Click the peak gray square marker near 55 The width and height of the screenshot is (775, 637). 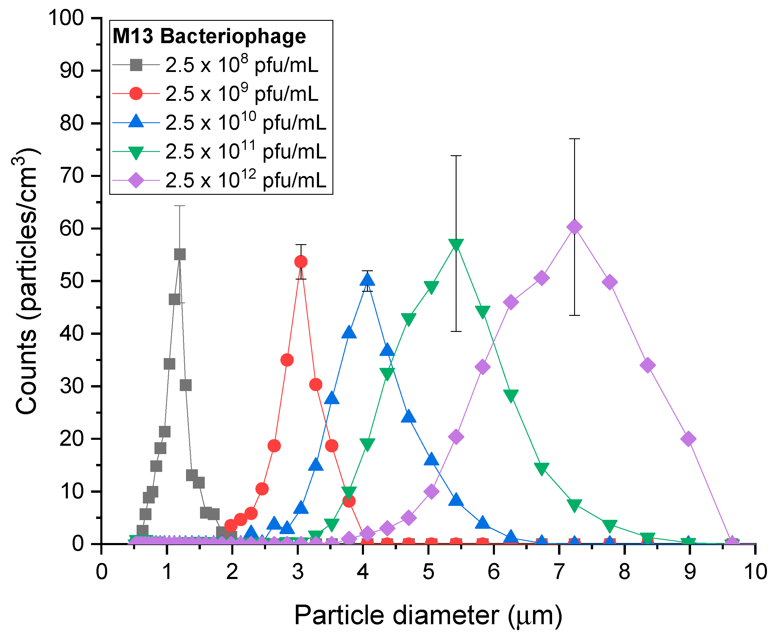tap(179, 254)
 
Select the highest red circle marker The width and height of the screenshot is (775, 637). tap(301, 262)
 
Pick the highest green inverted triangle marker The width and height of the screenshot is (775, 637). tap(456, 244)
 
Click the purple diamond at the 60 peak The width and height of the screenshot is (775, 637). tap(574, 227)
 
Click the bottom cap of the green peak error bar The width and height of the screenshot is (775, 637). tap(456, 331)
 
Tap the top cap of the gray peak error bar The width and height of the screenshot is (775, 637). tap(179, 206)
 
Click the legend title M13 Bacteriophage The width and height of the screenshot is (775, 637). tap(209, 36)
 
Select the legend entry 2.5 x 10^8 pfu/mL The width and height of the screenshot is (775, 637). tap(242, 65)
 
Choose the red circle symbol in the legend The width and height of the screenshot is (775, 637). tap(136, 94)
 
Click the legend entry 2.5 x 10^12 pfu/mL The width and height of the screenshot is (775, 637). tap(245, 180)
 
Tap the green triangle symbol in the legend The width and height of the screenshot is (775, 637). tap(136, 152)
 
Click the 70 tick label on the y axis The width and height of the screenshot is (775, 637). tap(72, 176)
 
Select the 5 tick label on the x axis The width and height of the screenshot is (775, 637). tap(428, 572)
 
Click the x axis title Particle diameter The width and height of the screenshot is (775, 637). tap(428, 615)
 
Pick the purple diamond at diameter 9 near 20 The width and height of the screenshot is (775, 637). tap(688, 439)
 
